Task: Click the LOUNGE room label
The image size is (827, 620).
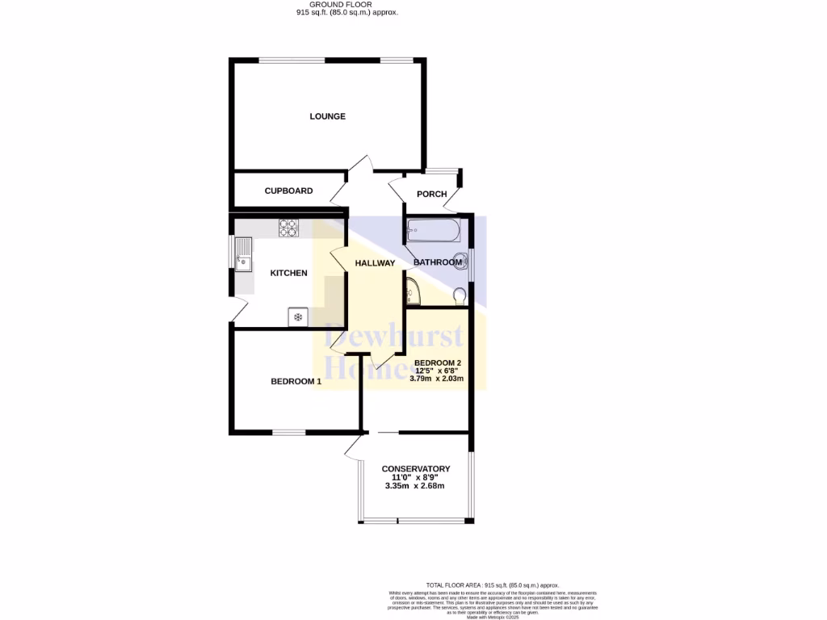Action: pos(327,116)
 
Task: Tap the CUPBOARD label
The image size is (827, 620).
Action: pos(288,191)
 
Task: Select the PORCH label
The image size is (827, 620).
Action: pos(431,194)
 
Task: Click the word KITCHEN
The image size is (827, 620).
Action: pos(288,273)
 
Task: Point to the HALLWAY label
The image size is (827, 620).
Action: pos(375,263)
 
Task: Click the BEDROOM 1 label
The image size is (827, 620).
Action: pos(296,382)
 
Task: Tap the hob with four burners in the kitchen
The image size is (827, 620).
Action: pos(288,228)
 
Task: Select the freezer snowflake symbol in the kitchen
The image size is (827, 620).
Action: pos(297,317)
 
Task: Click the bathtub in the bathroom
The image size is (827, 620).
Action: pos(434,231)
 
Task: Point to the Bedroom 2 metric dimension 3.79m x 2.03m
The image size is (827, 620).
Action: pos(437,378)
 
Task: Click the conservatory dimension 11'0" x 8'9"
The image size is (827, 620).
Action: pos(415,477)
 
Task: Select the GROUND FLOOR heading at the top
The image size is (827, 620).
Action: pos(346,5)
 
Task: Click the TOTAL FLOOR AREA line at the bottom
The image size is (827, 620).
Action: pos(492,585)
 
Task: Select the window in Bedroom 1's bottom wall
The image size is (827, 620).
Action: pos(288,432)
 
